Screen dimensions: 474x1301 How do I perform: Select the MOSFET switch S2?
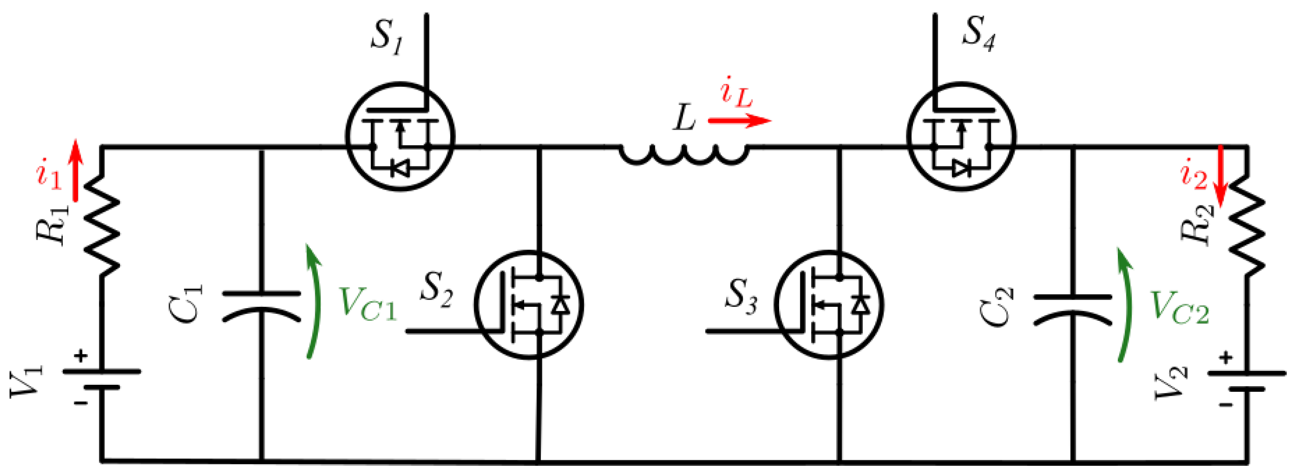point(530,304)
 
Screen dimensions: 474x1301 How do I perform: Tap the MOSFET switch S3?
point(829,304)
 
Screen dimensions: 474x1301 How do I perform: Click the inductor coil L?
point(684,154)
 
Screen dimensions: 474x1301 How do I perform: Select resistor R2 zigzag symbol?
point(1247,228)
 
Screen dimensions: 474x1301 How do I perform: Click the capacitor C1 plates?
point(261,306)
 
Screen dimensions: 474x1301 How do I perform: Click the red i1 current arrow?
point(76,170)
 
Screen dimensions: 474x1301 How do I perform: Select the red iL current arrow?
point(739,121)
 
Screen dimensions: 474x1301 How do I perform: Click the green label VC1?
point(368,303)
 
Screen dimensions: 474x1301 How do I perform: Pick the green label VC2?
point(1179,307)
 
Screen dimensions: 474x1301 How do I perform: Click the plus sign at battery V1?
point(80,357)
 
